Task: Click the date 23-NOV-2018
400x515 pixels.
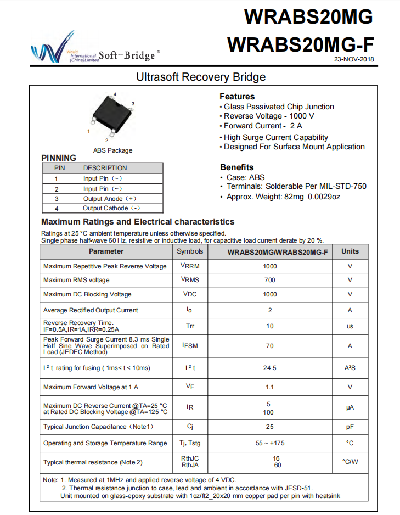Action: (x=354, y=59)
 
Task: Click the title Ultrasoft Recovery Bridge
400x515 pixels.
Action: (x=201, y=77)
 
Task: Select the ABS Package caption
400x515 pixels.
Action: (x=112, y=150)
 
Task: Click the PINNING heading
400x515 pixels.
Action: (x=59, y=158)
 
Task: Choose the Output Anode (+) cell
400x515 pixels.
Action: (x=110, y=199)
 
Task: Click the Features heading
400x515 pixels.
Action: (x=237, y=96)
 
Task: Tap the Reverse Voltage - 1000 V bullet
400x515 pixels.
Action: (x=269, y=116)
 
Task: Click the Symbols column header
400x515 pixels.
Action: (x=190, y=251)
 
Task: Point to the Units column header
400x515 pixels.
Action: (x=350, y=251)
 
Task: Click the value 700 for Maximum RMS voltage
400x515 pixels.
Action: (x=270, y=280)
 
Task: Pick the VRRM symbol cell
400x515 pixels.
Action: (x=190, y=266)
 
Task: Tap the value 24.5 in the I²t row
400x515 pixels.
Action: (x=270, y=367)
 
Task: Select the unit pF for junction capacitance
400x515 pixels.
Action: (x=350, y=427)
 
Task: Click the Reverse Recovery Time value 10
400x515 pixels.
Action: (x=270, y=326)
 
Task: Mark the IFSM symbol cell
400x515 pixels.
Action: (x=190, y=346)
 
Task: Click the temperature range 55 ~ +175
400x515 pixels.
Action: (x=270, y=443)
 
